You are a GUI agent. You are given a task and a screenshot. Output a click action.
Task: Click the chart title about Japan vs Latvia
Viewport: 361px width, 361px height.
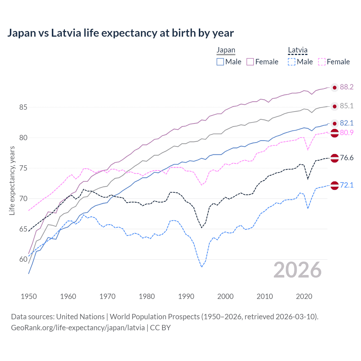(x=120, y=33)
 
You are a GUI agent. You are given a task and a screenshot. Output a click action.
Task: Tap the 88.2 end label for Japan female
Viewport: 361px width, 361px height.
(x=347, y=87)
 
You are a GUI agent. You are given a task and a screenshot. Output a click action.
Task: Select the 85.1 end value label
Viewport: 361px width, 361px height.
(x=347, y=106)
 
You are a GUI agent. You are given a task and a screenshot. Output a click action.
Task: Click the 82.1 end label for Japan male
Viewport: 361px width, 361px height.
(x=347, y=123)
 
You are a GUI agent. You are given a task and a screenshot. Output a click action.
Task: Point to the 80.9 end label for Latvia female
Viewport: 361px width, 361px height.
(x=347, y=133)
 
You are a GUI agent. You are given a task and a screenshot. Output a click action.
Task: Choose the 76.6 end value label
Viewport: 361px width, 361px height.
(x=347, y=158)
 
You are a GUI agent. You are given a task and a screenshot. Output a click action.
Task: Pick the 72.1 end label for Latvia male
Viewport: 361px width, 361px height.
(x=347, y=185)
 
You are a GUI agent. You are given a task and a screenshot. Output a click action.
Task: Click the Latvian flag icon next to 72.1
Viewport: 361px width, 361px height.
(x=334, y=186)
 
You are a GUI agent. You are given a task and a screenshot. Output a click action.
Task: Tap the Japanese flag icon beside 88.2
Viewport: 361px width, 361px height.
(x=334, y=88)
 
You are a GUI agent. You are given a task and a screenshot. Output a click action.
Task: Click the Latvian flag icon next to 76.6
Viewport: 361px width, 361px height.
(x=334, y=158)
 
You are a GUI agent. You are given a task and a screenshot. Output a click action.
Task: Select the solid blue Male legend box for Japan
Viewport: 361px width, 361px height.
(x=220, y=62)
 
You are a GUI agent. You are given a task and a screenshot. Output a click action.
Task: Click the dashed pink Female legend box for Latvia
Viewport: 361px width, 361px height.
(x=322, y=62)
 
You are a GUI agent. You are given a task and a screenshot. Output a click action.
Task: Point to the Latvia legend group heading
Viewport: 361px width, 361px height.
(x=298, y=50)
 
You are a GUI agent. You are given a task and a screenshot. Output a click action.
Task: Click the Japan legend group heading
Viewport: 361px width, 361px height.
(x=226, y=50)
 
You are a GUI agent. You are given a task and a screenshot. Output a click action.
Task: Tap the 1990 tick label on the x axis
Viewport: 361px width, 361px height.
(x=186, y=296)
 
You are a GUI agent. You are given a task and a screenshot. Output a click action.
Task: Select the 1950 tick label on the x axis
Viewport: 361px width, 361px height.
(x=29, y=296)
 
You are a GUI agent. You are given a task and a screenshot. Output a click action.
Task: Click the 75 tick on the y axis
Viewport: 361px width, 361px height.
(x=23, y=168)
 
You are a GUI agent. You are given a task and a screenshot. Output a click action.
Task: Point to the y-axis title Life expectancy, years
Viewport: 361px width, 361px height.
(x=12, y=180)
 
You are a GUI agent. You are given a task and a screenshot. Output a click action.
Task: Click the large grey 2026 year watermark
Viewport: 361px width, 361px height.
(x=298, y=270)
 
